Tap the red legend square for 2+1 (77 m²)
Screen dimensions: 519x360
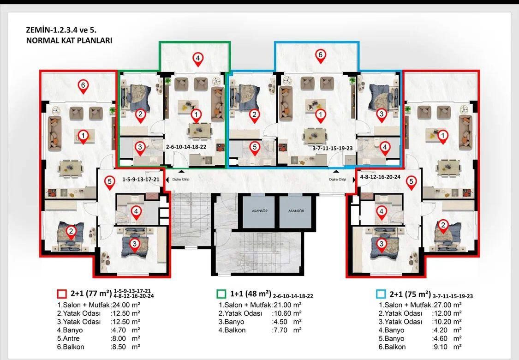(62, 294)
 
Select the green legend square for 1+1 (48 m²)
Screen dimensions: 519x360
(221, 294)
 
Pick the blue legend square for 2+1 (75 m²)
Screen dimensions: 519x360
(381, 294)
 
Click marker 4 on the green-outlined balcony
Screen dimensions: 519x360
(197, 59)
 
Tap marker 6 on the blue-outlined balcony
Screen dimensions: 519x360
(320, 56)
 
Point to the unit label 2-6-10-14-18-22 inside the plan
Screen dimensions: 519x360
(186, 147)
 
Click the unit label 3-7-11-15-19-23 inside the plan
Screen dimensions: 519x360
(333, 148)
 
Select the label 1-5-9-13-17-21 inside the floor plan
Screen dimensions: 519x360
(141, 180)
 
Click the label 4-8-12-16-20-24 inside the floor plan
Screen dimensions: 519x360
(380, 177)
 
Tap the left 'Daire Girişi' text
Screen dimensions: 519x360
(181, 180)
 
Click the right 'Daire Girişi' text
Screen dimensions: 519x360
(338, 180)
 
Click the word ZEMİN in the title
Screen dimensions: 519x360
(38, 30)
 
